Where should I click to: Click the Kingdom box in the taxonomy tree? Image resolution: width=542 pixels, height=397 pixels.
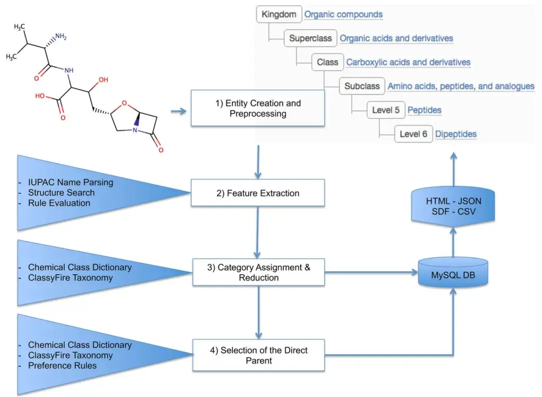tap(279, 15)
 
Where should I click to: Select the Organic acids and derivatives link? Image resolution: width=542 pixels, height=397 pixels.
tap(396, 38)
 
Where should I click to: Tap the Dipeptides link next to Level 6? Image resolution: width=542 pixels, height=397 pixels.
tap(456, 134)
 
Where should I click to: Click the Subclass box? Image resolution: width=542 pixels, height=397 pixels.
tap(362, 86)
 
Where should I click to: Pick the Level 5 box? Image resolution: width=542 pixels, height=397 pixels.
tap(386, 110)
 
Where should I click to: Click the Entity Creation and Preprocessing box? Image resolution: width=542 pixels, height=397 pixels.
tap(258, 108)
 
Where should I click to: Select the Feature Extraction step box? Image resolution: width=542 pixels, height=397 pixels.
tap(258, 193)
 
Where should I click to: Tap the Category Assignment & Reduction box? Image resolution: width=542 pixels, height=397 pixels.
tap(258, 272)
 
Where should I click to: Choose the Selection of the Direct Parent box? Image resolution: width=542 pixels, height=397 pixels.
tap(258, 355)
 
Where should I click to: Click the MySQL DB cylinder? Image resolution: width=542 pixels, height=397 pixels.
tap(453, 273)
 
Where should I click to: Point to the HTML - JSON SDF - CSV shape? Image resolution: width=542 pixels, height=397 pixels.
tap(453, 207)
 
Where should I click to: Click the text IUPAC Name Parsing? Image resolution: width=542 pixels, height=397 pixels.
tap(71, 182)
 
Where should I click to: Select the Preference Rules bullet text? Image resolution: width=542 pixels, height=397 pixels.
tap(62, 365)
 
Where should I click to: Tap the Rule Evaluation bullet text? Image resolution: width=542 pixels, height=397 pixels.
tap(59, 203)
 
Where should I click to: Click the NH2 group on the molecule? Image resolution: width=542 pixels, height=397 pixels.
tap(61, 37)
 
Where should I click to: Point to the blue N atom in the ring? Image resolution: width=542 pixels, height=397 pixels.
tap(135, 130)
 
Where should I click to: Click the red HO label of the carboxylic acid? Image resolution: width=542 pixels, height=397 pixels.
tap(40, 96)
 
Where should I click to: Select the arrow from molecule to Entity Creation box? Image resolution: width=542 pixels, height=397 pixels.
tap(179, 111)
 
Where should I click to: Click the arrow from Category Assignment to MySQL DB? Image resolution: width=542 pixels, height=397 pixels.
tap(371, 272)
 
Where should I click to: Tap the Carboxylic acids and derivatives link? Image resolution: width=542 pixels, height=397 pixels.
tap(408, 62)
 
